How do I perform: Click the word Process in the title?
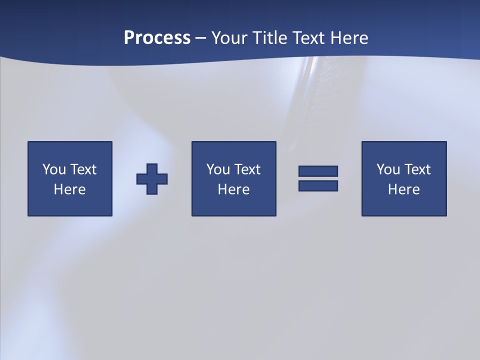[x=157, y=38]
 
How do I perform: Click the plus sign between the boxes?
[x=152, y=179]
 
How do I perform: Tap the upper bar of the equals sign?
[x=318, y=171]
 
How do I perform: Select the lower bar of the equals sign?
[x=318, y=185]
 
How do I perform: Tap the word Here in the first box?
[x=70, y=189]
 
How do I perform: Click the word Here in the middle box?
[x=234, y=189]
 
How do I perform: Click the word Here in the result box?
[x=404, y=189]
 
